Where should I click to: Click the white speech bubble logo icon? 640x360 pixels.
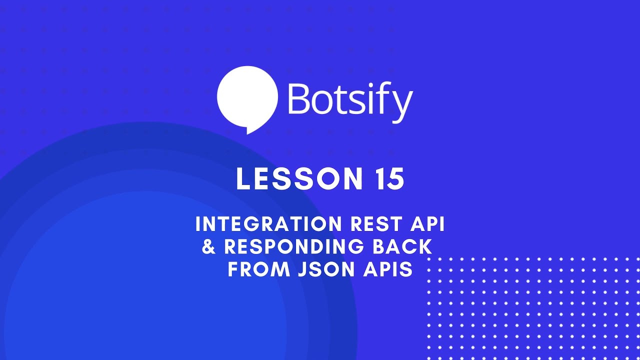(247, 97)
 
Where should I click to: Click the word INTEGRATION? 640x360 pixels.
(262, 224)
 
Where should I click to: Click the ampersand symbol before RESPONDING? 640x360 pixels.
(209, 247)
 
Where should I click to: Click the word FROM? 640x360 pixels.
(259, 269)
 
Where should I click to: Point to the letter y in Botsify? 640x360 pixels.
(401, 105)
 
